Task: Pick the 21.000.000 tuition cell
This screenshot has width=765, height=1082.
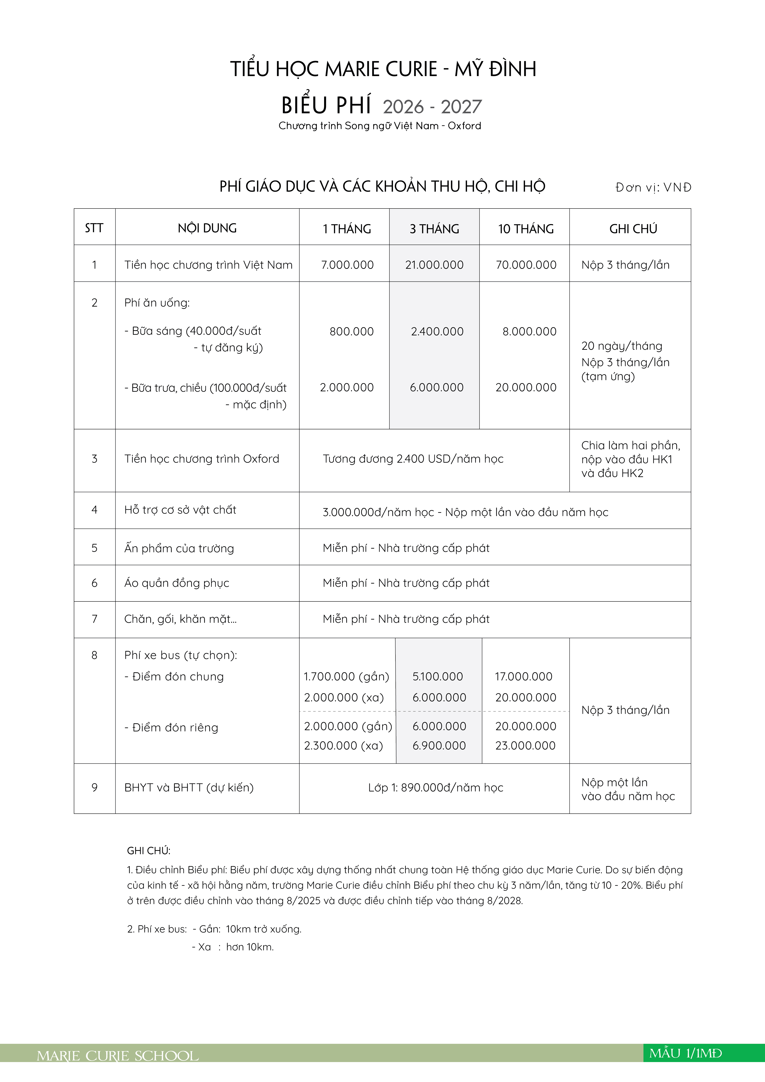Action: coord(434,265)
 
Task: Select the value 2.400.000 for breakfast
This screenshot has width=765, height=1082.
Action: coord(437,331)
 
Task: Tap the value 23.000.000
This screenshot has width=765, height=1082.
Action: coord(525,746)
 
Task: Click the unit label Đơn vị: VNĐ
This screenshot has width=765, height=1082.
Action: coord(653,188)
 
